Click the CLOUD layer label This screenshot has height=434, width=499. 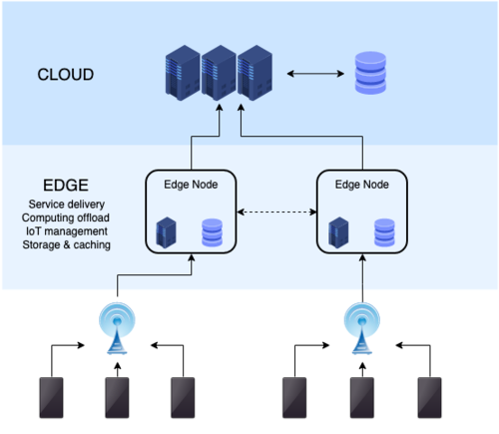point(66,75)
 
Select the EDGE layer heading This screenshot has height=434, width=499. point(66,187)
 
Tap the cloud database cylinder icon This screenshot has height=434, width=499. point(372,74)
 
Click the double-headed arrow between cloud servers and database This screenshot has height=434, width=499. point(317,74)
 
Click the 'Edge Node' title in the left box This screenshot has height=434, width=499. point(191,184)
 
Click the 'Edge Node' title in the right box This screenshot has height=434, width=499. point(361,184)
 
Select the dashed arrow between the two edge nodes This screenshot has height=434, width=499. point(276,213)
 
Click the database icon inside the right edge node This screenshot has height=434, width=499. point(385,232)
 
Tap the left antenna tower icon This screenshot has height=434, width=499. point(118,329)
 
